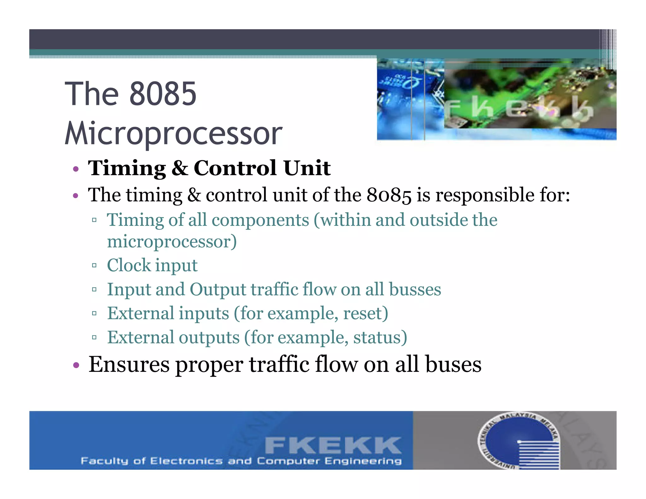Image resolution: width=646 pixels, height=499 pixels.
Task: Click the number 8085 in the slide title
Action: [x=163, y=94]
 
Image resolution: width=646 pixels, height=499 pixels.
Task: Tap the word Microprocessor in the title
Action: [x=173, y=133]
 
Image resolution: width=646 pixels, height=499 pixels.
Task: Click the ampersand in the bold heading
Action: [x=180, y=168]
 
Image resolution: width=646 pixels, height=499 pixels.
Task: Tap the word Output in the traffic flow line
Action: [x=218, y=289]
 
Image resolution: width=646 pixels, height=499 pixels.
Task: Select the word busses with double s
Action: [x=415, y=289]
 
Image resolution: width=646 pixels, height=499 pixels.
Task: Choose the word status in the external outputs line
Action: [x=380, y=337]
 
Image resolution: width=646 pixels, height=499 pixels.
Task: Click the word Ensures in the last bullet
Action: [x=129, y=364]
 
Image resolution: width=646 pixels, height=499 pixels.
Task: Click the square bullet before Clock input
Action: [x=94, y=266]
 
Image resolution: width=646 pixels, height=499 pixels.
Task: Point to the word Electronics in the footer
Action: [x=186, y=461]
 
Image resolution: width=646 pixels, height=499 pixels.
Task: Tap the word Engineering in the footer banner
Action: [x=363, y=461]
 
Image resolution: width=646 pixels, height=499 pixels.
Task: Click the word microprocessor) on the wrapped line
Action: [x=172, y=242]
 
